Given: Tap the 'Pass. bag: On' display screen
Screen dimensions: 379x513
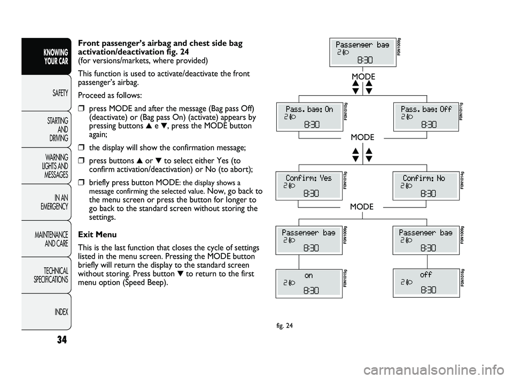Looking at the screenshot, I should [x=309, y=117].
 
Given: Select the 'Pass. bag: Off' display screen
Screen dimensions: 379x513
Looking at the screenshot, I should [x=426, y=117].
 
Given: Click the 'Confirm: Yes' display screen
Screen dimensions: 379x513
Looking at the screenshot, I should [x=309, y=185].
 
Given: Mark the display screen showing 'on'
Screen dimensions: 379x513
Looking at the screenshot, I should [x=309, y=283].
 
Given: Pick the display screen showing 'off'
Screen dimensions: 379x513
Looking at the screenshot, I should [x=426, y=283].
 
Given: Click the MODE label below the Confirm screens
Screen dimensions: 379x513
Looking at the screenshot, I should [x=362, y=206].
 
